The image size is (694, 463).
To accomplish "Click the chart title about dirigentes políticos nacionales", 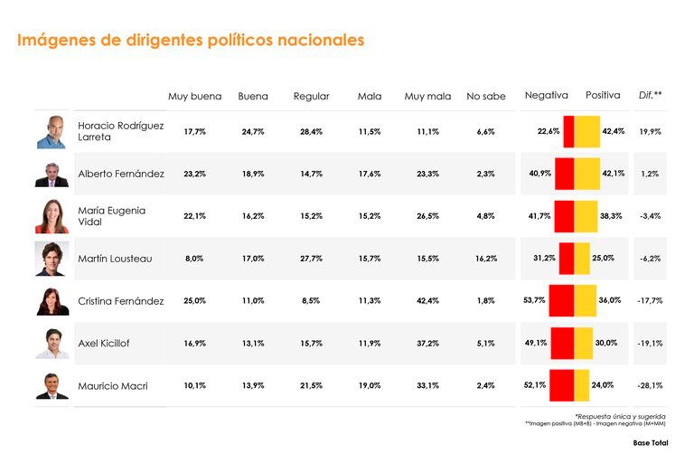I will [191, 41].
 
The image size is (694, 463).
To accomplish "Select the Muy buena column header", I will [194, 96].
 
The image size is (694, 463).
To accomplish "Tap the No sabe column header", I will [485, 96].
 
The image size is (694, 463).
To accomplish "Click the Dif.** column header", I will [650, 95].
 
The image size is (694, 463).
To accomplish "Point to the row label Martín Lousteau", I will [115, 259].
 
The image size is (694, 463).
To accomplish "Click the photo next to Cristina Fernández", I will [52, 301].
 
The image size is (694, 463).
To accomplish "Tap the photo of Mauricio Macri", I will [52, 386].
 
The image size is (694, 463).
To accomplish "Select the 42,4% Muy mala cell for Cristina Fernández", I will [427, 301].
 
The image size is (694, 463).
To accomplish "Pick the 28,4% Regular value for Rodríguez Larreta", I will [311, 132].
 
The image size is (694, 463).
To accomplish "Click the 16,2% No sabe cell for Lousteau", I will [485, 259].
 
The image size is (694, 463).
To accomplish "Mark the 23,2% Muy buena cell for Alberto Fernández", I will [194, 174].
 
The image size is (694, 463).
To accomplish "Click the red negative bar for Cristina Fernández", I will [561, 301].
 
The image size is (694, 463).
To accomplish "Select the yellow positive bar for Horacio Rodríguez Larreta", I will [587, 132].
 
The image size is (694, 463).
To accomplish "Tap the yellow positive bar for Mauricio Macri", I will [582, 386].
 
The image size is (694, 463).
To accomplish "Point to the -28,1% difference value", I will [650, 386].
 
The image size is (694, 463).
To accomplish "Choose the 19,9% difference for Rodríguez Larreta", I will [650, 132].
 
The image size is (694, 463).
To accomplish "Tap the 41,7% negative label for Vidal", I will [539, 216].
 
